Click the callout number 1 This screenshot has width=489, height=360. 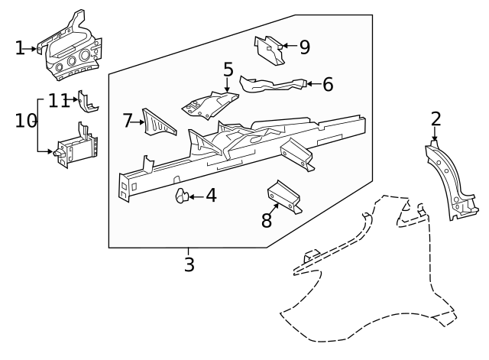[x=20, y=48]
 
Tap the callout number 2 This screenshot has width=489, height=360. [x=436, y=118]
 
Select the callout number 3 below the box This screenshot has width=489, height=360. [x=189, y=264]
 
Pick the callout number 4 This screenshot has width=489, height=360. [x=211, y=196]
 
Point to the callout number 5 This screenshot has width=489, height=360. [x=228, y=70]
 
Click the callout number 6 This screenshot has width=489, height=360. [x=328, y=84]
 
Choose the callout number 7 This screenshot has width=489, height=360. [x=128, y=120]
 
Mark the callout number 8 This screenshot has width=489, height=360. [x=266, y=221]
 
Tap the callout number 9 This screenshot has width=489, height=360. [x=304, y=47]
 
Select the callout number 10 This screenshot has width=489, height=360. [x=26, y=120]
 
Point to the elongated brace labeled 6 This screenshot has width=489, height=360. [x=271, y=84]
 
